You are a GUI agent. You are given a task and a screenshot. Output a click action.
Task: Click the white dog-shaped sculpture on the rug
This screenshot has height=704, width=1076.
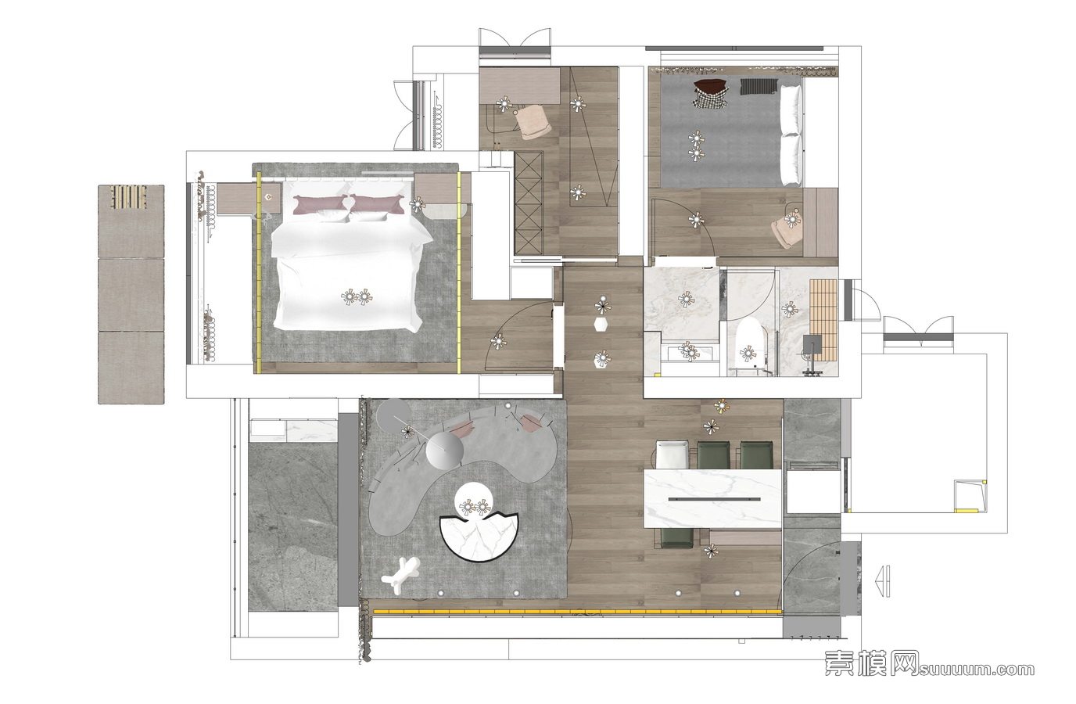pyautogui.click(x=400, y=576)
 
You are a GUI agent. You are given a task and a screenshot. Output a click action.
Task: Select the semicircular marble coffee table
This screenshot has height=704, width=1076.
pyautogui.click(x=479, y=538)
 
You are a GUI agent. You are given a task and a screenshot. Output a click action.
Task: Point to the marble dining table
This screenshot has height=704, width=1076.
pyautogui.click(x=712, y=499)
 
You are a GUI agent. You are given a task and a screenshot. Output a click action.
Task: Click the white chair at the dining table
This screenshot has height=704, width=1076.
pyautogui.click(x=671, y=454)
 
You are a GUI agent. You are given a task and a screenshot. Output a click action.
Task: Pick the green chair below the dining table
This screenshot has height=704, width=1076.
pyautogui.click(x=677, y=537)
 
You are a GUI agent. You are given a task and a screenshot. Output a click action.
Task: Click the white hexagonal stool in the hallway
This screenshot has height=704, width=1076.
pyautogui.click(x=601, y=325)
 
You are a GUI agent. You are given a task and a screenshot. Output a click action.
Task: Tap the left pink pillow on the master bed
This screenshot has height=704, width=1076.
pyautogui.click(x=321, y=204)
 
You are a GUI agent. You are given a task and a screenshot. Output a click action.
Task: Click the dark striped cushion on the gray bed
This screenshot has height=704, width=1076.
pyautogui.click(x=759, y=87)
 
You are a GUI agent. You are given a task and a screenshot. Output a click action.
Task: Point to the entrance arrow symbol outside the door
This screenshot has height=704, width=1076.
pyautogui.click(x=883, y=581)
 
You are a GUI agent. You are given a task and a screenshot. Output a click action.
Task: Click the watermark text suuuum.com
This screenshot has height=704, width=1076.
pyautogui.click(x=977, y=670)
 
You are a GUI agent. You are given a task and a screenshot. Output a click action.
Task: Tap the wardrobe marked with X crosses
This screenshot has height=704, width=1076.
pyautogui.click(x=529, y=203)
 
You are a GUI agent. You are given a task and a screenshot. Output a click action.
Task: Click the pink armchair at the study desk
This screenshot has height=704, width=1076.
pyautogui.click(x=533, y=123)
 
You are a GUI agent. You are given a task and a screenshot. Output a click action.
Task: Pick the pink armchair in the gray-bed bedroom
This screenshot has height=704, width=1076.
pyautogui.click(x=787, y=231)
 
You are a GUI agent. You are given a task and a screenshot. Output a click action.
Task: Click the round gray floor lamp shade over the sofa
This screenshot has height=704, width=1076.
pyautogui.click(x=445, y=449)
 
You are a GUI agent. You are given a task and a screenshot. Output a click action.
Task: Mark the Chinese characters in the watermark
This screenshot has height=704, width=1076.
pyautogui.click(x=872, y=663)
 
